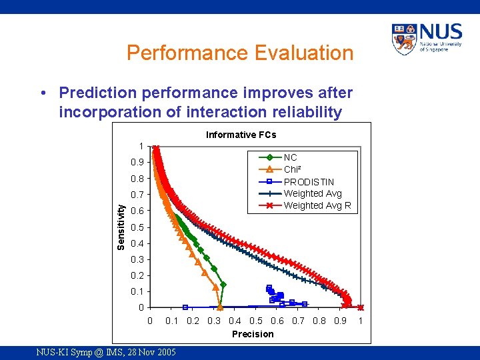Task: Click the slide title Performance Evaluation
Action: pyautogui.click(x=240, y=53)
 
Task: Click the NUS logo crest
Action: pyautogui.click(x=405, y=39)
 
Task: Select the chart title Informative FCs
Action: pyautogui.click(x=241, y=135)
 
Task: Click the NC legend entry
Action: pyautogui.click(x=290, y=157)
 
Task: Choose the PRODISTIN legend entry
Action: pyautogui.click(x=309, y=181)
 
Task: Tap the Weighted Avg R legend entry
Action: pyautogui.click(x=317, y=205)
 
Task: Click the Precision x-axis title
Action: pyautogui.click(x=252, y=334)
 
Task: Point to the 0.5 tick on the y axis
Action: pyautogui.click(x=137, y=227)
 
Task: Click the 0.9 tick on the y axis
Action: pyautogui.click(x=137, y=162)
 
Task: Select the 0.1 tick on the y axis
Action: pyautogui.click(x=137, y=291)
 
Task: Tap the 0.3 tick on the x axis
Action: pyautogui.click(x=214, y=321)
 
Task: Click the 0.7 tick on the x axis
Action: pyautogui.click(x=298, y=321)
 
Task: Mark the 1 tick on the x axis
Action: pyautogui.click(x=361, y=321)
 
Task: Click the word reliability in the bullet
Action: pyautogui.click(x=303, y=112)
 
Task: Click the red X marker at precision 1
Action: pyautogui.click(x=361, y=307)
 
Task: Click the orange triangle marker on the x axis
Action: pyautogui.click(x=220, y=307)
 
